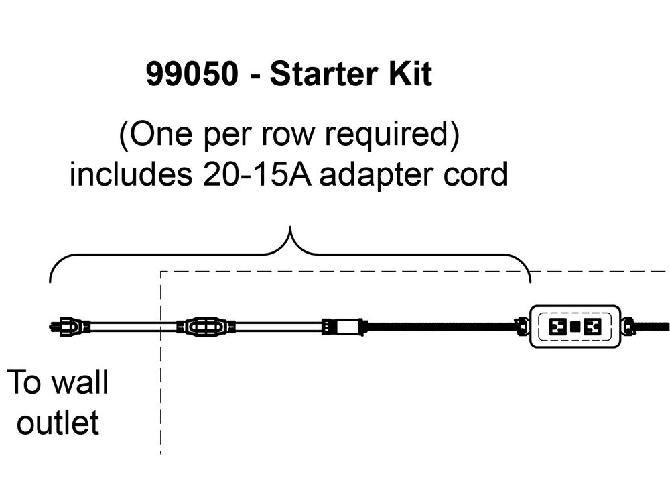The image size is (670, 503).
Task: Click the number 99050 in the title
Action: coord(192,74)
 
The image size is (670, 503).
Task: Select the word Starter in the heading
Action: coord(322,74)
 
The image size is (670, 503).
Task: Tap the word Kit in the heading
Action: coord(410,74)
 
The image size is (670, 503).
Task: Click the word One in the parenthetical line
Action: coord(160,134)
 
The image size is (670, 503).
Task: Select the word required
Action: coord(387,134)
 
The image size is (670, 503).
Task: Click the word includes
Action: coord(131,174)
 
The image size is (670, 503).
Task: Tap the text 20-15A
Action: coord(257,174)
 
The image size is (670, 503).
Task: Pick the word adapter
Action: coord(377,175)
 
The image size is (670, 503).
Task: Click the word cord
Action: coord(475,174)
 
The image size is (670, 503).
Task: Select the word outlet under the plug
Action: coord(58,423)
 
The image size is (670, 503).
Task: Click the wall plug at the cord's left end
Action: coord(70,327)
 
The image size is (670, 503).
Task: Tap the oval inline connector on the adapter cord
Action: coord(206,327)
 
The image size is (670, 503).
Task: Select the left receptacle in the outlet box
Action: coord(558,327)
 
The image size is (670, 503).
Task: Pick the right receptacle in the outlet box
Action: coord(592,327)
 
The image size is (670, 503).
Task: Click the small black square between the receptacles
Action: coord(575,327)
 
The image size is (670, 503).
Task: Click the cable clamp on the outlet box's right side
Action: coord(628,327)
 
